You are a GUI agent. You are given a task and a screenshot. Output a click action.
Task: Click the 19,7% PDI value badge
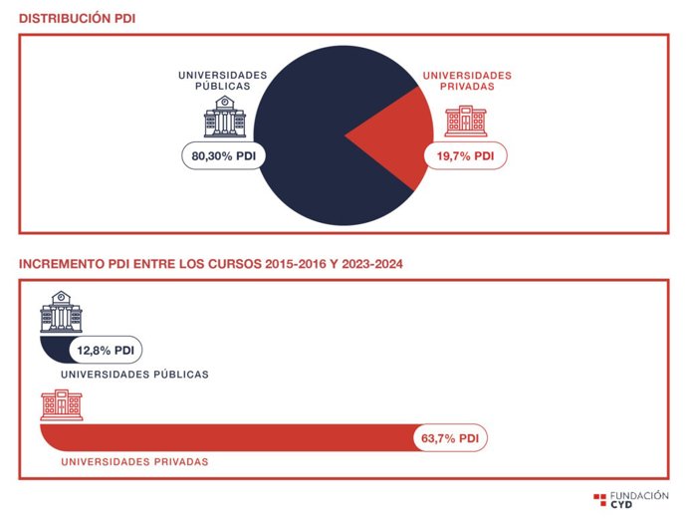pyautogui.click(x=465, y=156)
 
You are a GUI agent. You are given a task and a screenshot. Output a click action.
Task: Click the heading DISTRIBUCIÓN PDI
pyautogui.click(x=78, y=19)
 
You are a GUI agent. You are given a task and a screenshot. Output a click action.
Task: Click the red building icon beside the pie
pyautogui.click(x=465, y=120)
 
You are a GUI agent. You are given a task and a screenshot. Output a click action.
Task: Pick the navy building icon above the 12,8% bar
pyautogui.click(x=61, y=313)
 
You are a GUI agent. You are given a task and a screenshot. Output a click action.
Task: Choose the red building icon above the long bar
pyautogui.click(x=61, y=405)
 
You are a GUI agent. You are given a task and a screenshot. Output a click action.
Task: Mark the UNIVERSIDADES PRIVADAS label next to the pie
pyautogui.click(x=467, y=81)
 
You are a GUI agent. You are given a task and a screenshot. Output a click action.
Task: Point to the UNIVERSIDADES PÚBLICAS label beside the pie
pyautogui.click(x=223, y=81)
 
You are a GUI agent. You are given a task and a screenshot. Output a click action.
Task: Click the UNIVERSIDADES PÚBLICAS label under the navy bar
pyautogui.click(x=134, y=375)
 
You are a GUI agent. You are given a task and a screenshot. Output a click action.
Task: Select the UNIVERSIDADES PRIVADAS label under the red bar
pyautogui.click(x=134, y=462)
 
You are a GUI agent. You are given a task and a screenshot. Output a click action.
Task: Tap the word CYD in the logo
pyautogui.click(x=620, y=504)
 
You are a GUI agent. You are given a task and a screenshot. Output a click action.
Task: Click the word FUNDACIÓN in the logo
pyautogui.click(x=638, y=494)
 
